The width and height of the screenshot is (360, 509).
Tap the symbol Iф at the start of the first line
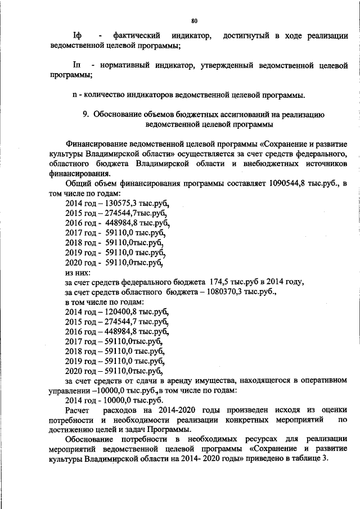click(x=78, y=37)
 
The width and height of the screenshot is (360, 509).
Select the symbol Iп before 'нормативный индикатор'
click(x=78, y=66)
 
